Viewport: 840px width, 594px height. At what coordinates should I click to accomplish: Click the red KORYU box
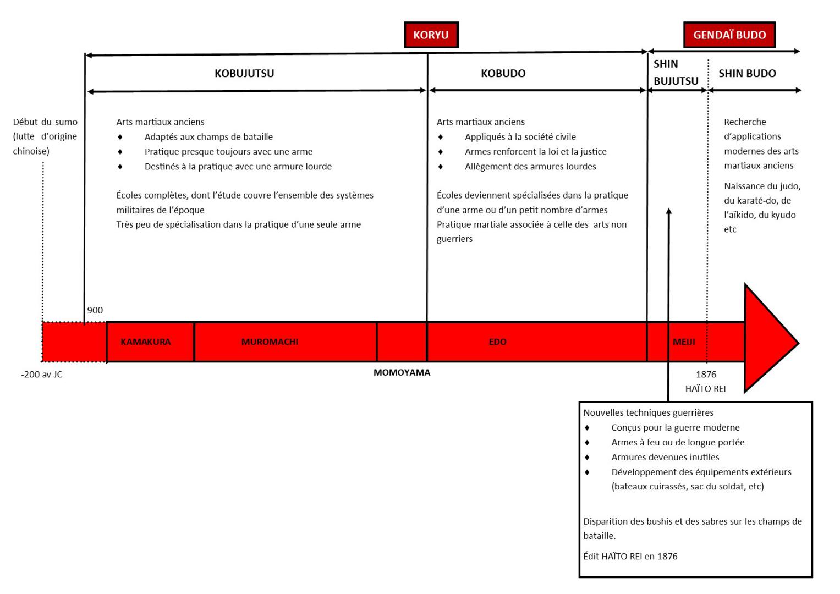coord(431,35)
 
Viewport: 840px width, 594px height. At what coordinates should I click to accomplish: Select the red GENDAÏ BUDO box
coord(729,35)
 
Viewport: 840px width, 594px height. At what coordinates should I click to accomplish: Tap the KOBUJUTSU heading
coord(244,73)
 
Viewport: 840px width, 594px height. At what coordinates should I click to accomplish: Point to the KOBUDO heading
coord(503,73)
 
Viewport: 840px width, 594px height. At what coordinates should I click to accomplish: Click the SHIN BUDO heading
coord(747,73)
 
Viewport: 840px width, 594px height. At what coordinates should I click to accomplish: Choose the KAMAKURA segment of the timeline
coord(150,342)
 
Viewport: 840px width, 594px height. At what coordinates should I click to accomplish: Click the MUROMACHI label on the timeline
coord(270,342)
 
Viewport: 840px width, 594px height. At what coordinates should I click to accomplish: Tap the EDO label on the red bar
coord(498,342)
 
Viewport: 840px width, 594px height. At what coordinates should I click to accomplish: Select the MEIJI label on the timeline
coord(684,342)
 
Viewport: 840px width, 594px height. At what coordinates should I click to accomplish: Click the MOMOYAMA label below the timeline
coord(402,372)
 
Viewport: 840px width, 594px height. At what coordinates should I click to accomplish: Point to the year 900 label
coord(95,310)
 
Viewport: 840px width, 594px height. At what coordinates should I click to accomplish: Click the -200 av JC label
coord(42,374)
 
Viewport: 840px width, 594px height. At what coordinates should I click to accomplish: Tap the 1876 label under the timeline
coord(706,374)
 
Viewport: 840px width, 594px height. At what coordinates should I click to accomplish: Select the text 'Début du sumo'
coord(45,122)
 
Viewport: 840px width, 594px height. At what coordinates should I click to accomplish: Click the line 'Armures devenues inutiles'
coord(665,457)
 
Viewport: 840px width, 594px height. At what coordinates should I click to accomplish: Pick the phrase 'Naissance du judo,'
coord(762,186)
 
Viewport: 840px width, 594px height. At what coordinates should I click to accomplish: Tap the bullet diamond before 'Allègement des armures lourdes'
coord(441,167)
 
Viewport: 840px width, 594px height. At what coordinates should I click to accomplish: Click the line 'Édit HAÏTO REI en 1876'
coord(630,556)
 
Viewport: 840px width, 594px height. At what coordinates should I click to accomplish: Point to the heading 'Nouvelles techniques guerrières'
coord(648,413)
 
